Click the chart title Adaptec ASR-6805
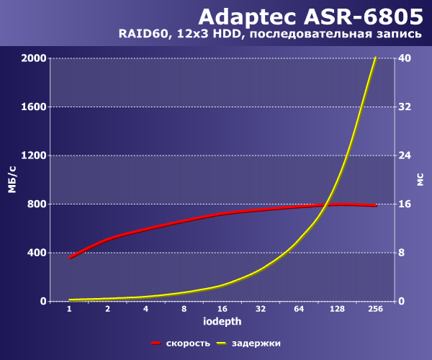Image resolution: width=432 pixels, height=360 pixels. point(310,17)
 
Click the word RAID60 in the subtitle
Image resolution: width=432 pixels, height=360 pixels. point(143,34)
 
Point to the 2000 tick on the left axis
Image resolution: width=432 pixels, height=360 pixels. point(34,58)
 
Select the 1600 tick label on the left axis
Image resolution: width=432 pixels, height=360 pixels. point(34,107)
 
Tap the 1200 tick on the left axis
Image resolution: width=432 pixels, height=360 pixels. point(34,156)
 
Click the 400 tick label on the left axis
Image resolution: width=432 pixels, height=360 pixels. point(37,253)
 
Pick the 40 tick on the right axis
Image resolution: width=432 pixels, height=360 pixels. point(405,58)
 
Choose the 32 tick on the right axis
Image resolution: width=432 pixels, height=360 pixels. point(405,107)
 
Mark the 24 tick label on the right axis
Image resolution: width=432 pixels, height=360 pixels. point(405,156)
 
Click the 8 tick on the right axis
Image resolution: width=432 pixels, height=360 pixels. point(402,253)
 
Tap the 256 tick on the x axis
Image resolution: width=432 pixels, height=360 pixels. point(376,309)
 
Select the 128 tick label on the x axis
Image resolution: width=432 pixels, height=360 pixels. point(337,309)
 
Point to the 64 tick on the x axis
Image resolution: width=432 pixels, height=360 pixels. point(299,309)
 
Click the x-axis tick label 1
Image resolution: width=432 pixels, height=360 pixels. point(69,309)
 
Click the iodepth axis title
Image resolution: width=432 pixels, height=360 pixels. point(222,321)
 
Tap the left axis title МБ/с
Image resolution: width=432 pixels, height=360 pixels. point(12,179)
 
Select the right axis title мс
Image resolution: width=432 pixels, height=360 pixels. point(420,179)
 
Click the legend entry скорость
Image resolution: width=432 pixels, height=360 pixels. point(188,343)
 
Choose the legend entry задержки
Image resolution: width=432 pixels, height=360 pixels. point(256,343)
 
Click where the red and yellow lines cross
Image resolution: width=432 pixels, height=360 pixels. point(326,204)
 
